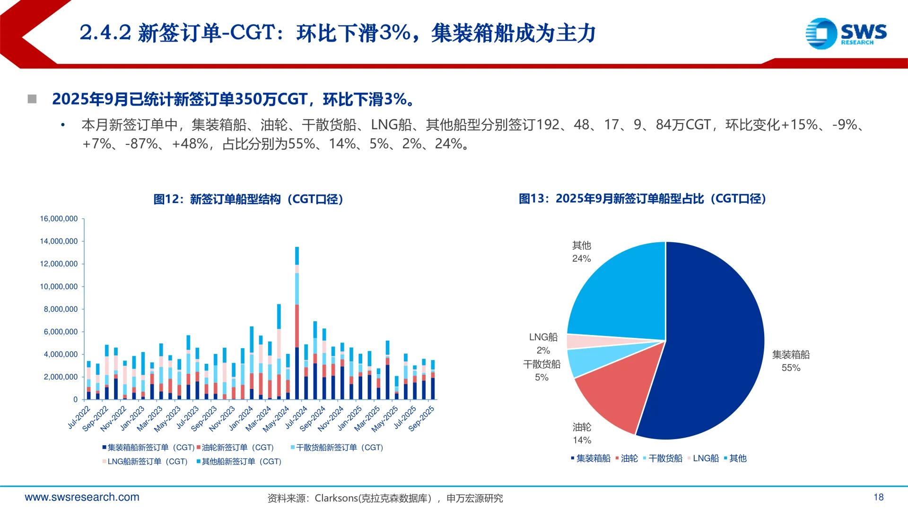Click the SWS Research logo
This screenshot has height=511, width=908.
pyautogui.click(x=846, y=33)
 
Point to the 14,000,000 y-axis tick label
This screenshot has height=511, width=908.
pyautogui.click(x=59, y=241)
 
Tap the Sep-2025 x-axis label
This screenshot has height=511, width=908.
pyautogui.click(x=421, y=418)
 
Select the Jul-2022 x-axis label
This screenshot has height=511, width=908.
pyautogui.click(x=79, y=417)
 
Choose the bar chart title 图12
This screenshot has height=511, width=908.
pyautogui.click(x=248, y=199)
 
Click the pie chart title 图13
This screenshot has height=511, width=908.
pyautogui.click(x=642, y=199)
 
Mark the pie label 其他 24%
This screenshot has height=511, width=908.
pyautogui.click(x=581, y=252)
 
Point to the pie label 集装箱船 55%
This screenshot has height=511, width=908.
pyautogui.click(x=791, y=361)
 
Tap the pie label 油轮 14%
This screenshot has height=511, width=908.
pyautogui.click(x=582, y=433)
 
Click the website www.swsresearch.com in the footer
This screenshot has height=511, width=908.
pyautogui.click(x=82, y=497)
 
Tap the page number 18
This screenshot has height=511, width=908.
pyautogui.click(x=878, y=497)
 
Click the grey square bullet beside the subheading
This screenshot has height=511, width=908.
pyautogui.click(x=32, y=99)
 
